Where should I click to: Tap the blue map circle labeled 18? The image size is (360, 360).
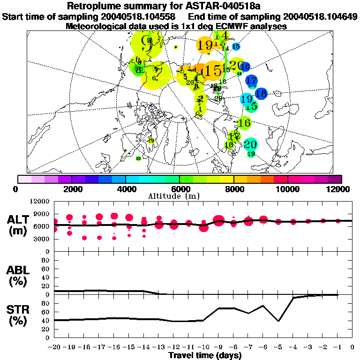[261, 93]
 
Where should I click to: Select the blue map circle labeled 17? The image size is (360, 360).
[252, 80]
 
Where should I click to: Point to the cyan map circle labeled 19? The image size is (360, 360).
[247, 99]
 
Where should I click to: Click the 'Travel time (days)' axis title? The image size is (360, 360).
[204, 356]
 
